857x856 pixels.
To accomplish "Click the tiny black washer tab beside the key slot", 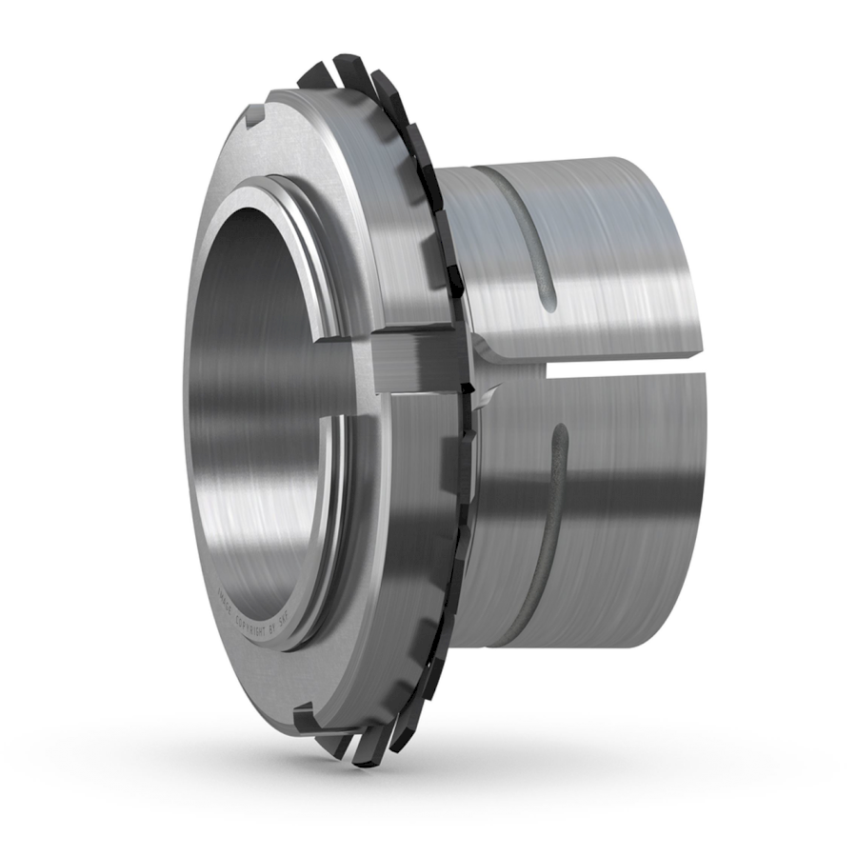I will [468, 386].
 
